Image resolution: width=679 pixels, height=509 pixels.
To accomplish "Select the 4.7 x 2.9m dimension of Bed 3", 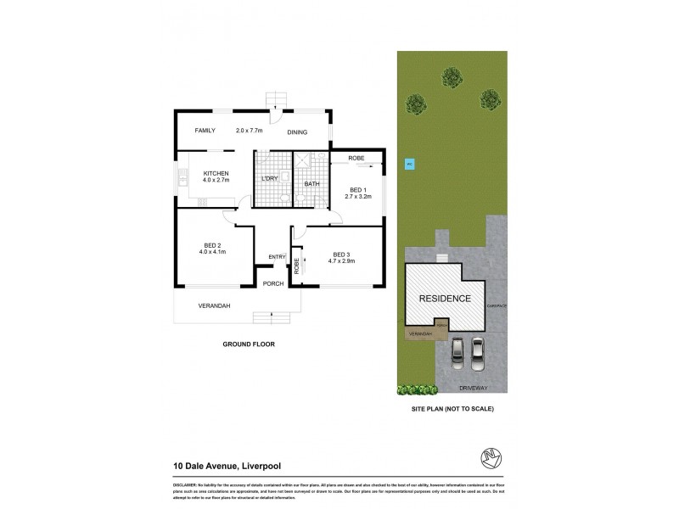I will (340, 262).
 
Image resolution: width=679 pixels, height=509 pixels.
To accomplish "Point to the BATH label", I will (311, 183).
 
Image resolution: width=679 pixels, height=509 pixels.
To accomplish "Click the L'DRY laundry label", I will (270, 178).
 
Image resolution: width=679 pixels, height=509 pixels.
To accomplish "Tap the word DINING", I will (296, 132).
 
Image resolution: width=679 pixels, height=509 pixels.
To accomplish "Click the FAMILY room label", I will (205, 131).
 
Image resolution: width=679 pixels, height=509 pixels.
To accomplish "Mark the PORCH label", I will (272, 283).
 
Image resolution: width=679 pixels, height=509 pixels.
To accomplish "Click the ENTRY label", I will (277, 257).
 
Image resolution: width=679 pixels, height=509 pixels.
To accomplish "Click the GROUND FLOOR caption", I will (250, 345).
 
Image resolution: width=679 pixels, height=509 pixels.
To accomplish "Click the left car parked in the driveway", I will (459, 350).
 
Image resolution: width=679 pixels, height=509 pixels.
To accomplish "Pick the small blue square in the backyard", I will (408, 165).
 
